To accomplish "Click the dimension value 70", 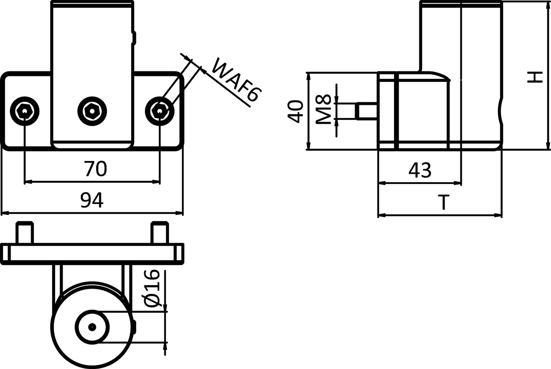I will pyautogui.click(x=95, y=169).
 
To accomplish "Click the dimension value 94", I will pyautogui.click(x=92, y=200).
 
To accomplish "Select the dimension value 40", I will pyautogui.click(x=295, y=111).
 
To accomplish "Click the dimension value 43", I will pyautogui.click(x=420, y=170).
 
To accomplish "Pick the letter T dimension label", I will pyautogui.click(x=445, y=202).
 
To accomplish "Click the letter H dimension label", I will pyautogui.click(x=535, y=77).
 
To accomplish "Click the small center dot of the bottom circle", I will pyautogui.click(x=92, y=327).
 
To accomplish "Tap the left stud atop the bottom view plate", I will pyautogui.click(x=25, y=233).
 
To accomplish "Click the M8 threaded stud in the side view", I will pyautogui.click(x=367, y=111).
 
